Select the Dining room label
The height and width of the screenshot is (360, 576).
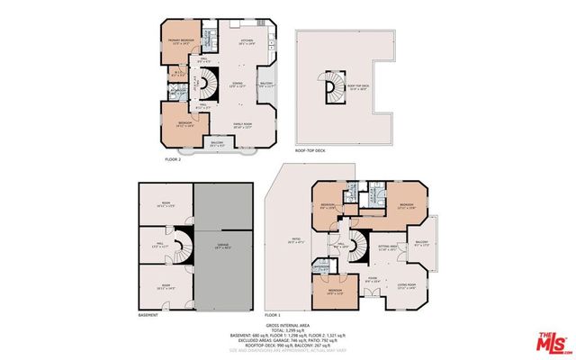tap(237, 85)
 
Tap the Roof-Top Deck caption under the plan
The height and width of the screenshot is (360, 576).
tap(310, 163)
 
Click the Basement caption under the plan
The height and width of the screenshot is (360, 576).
tap(148, 315)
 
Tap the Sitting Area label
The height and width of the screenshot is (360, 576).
tap(388, 248)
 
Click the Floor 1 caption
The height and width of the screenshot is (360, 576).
tap(274, 315)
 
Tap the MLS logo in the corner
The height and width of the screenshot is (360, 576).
tap(552, 342)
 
